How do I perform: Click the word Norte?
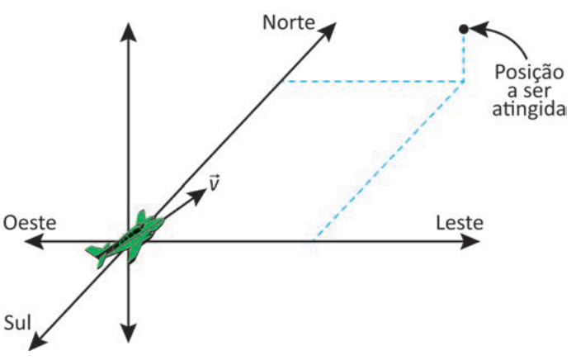289,23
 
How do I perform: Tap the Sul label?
17,323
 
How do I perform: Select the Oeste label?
30,223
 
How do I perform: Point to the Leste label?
460,223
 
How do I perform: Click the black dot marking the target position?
464,29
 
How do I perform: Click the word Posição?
529,72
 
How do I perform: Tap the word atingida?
529,109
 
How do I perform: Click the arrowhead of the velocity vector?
199,195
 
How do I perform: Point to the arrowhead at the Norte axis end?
328,31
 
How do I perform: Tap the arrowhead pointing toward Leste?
470,241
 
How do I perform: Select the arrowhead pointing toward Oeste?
34,241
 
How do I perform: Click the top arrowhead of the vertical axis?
128,32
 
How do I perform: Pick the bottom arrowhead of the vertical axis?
128,333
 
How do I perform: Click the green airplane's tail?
98,253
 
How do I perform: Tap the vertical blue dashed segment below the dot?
464,58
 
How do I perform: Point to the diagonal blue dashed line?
389,161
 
